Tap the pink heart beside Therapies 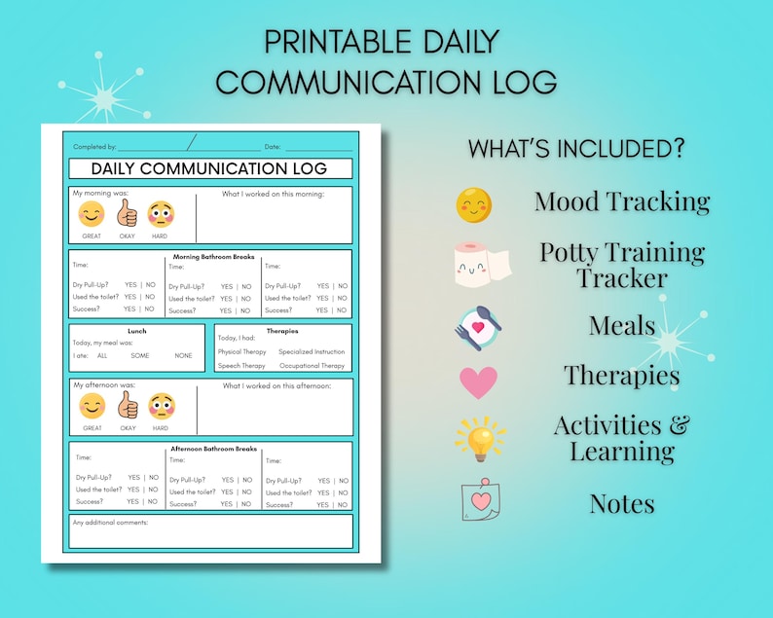(478, 382)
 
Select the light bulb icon (479, 439)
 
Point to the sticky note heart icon (480, 502)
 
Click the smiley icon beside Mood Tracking (474, 204)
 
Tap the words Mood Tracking (621, 201)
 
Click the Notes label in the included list (621, 503)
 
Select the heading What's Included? (576, 149)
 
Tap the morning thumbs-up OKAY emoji (128, 213)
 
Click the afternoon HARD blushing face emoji (161, 406)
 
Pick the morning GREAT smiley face (92, 214)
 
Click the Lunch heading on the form (137, 331)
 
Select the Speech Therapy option (241, 366)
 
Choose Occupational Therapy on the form (312, 366)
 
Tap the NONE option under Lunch (183, 356)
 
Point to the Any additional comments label (110, 523)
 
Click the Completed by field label (94, 146)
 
